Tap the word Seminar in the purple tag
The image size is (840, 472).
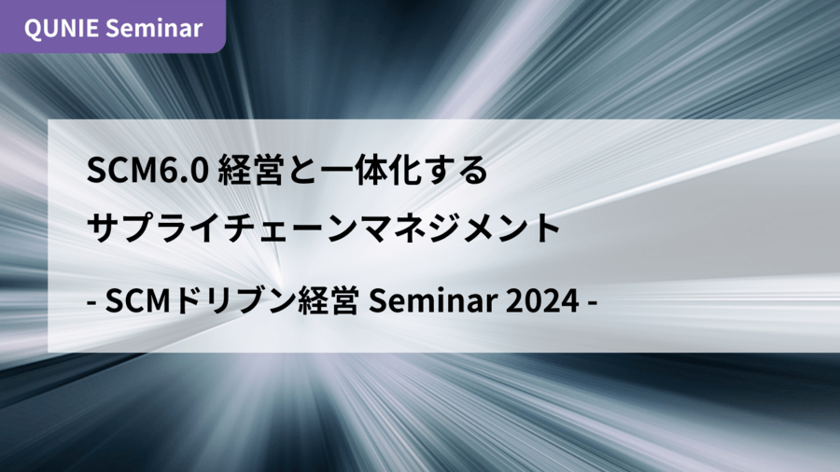(x=158, y=28)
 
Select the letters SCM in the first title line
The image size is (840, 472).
(x=119, y=170)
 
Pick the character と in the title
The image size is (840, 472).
(x=300, y=170)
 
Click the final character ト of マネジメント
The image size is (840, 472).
(x=545, y=228)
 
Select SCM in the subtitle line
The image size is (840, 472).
(x=138, y=300)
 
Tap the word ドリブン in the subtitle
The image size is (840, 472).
(x=233, y=300)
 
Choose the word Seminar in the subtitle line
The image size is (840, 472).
(x=433, y=300)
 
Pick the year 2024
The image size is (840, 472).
(x=542, y=300)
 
